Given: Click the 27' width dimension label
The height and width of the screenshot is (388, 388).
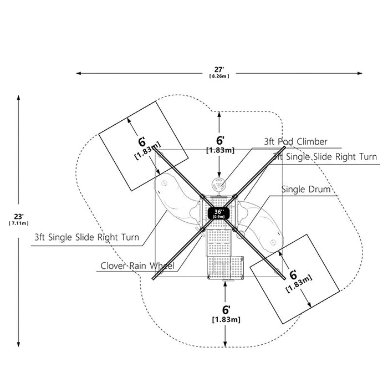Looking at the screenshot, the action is [x=219, y=69].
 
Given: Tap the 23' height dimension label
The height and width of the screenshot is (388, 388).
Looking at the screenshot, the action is [x=18, y=217].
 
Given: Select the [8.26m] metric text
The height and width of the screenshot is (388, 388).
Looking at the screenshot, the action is [x=219, y=76].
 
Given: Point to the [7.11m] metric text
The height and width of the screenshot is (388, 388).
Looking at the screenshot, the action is [x=18, y=223].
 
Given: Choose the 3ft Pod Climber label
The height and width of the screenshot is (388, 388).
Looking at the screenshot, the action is [x=295, y=142].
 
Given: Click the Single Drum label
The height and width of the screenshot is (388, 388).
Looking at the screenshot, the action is [x=306, y=190].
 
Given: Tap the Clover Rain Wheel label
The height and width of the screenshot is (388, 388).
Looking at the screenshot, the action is [x=137, y=266].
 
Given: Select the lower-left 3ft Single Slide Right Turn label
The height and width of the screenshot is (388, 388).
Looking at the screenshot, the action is [x=86, y=237].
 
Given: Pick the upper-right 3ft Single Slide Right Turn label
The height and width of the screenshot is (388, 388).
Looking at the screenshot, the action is [x=324, y=157].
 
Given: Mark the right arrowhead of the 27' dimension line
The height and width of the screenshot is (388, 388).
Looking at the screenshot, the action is [x=360, y=73].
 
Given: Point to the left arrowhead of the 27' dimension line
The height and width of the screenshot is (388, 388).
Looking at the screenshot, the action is [x=79, y=73].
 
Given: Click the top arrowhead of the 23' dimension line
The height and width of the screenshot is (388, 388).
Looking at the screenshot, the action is [x=18, y=98].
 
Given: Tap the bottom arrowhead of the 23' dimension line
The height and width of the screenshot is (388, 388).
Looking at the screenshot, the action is [x=18, y=344].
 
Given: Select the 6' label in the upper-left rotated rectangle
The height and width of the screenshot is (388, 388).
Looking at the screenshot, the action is [x=141, y=142].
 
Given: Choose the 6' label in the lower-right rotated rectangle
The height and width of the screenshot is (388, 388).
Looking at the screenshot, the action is [x=293, y=275].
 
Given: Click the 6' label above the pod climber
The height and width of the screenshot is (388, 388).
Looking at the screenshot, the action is [x=220, y=141].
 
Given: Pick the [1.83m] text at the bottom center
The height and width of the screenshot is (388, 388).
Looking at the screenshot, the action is [x=226, y=320].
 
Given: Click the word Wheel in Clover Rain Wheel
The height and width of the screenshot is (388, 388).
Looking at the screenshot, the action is [x=162, y=266].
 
